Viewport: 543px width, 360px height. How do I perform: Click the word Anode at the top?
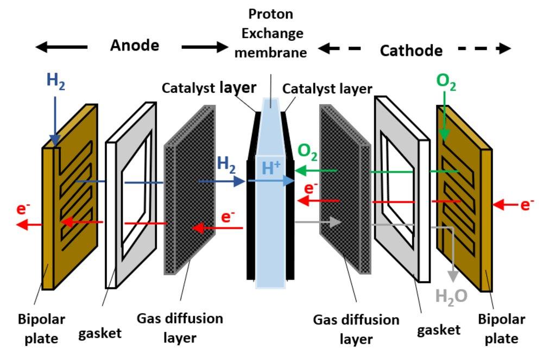(135, 46)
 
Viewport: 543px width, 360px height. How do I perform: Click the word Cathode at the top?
(411, 51)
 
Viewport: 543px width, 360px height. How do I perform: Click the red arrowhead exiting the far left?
(22, 224)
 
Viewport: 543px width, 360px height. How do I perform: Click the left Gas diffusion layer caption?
(180, 328)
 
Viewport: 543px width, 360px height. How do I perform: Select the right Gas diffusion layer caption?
(356, 329)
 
